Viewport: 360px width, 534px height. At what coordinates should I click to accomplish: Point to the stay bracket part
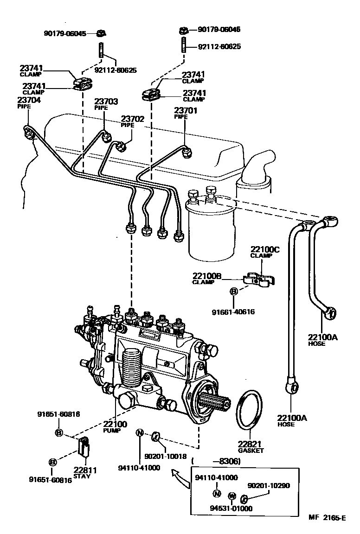coord(84,447)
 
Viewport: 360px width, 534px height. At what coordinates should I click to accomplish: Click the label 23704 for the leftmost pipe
coord(29,100)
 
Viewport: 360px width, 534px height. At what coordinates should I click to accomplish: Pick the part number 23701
coord(186,110)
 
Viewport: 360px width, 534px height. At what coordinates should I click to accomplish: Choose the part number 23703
coord(106,102)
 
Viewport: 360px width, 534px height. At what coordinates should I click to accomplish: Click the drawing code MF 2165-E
coord(327,518)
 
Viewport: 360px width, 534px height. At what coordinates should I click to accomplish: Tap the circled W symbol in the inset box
coord(232,496)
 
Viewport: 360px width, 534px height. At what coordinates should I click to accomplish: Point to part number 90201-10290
coord(269,485)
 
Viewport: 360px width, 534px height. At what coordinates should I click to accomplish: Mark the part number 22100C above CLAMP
coord(265,249)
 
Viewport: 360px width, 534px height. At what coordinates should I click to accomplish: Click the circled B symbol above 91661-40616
coord(234,291)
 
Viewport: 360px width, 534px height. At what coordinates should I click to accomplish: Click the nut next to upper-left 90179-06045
coord(101,33)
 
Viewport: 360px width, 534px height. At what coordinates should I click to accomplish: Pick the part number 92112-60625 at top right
coord(219,47)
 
